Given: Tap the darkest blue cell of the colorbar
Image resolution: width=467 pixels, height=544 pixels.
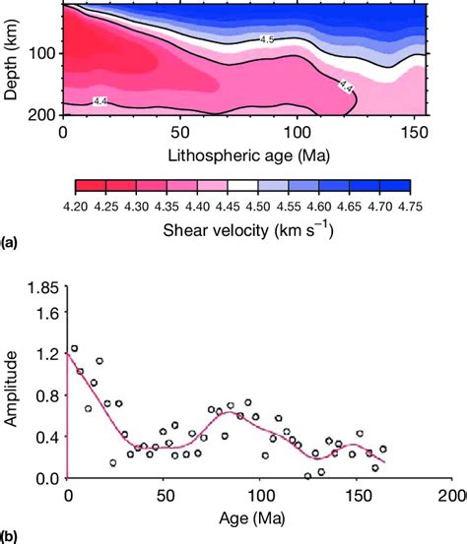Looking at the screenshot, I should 392,187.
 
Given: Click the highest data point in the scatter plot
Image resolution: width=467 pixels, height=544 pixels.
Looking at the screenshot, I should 74,349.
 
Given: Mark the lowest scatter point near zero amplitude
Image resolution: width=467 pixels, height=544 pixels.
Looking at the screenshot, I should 307,476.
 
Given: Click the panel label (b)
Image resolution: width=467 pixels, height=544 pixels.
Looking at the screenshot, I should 9,536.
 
